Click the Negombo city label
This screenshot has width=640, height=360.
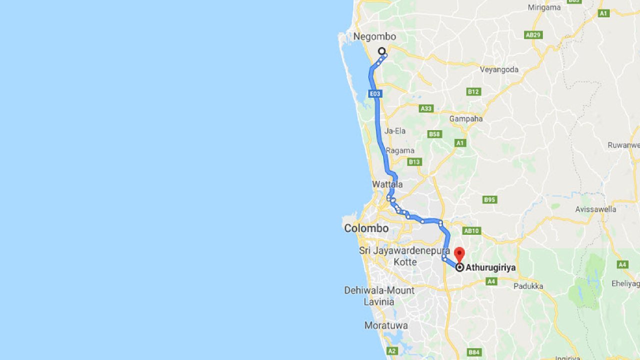(374, 36)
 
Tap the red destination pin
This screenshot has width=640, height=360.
(459, 252)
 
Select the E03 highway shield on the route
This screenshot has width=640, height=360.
(375, 93)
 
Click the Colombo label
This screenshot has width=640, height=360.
(366, 228)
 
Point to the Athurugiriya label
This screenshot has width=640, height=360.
(490, 267)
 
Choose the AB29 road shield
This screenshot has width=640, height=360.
(533, 35)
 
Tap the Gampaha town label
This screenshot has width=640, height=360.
(466, 119)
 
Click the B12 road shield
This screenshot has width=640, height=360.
(473, 91)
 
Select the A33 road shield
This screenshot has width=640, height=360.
(426, 108)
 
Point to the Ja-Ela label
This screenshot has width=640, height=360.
(395, 131)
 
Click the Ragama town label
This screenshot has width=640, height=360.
(400, 150)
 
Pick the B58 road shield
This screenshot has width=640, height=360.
(435, 134)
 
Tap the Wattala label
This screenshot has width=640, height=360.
(387, 184)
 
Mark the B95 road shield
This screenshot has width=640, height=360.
(489, 200)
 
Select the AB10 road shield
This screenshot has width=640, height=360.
(471, 231)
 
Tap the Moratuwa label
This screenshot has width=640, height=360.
(386, 325)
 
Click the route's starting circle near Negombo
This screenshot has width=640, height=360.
(382, 51)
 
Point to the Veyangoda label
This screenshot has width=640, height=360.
(499, 69)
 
